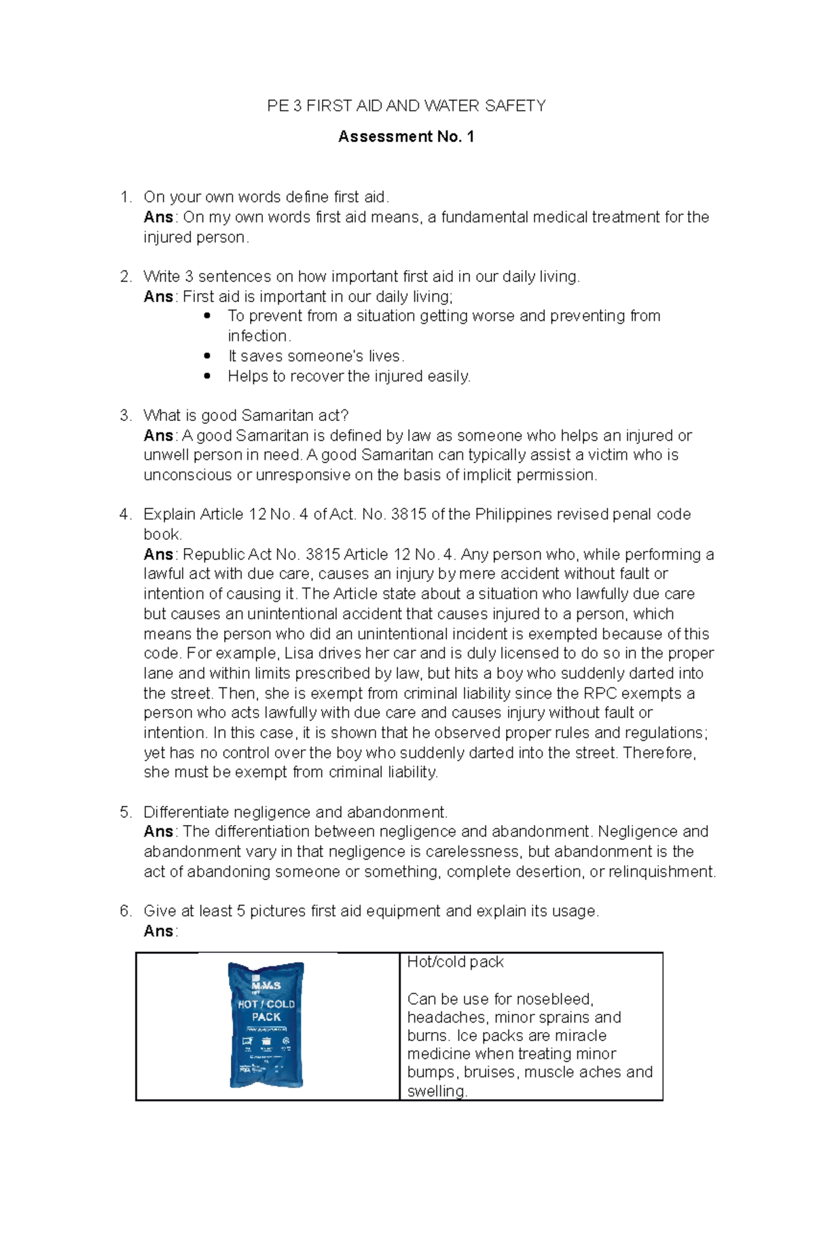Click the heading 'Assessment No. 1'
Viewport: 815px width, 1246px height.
pyautogui.click(x=406, y=136)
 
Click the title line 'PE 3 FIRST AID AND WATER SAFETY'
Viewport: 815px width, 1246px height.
pyautogui.click(x=406, y=106)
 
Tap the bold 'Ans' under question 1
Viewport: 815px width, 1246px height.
pyautogui.click(x=158, y=217)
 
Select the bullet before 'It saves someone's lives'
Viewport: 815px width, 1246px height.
pyautogui.click(x=208, y=356)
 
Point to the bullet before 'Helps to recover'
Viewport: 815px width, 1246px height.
pyautogui.click(x=208, y=375)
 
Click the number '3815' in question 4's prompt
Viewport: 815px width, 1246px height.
pyautogui.click(x=409, y=515)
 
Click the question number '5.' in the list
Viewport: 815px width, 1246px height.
pyautogui.click(x=126, y=813)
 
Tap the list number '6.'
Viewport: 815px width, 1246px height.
pyautogui.click(x=126, y=911)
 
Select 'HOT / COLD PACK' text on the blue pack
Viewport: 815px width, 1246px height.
pyautogui.click(x=266, y=1010)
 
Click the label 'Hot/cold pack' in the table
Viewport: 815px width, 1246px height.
pyautogui.click(x=455, y=962)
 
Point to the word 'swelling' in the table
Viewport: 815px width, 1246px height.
pyautogui.click(x=436, y=1091)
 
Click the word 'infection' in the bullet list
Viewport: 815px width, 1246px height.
pyautogui.click(x=258, y=336)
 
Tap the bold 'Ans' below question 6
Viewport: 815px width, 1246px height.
pyautogui.click(x=158, y=932)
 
